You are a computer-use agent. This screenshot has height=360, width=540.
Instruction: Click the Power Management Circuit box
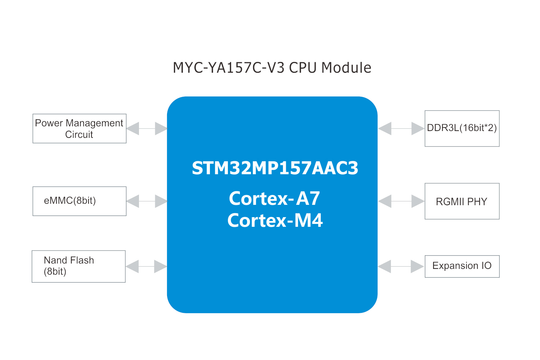pyautogui.click(x=79, y=129)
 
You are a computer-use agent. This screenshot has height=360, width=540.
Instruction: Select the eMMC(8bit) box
pyautogui.click(x=79, y=201)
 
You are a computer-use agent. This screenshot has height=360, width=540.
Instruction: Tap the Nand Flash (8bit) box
pyautogui.click(x=78, y=266)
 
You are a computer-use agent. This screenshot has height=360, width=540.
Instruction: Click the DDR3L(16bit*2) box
pyautogui.click(x=462, y=128)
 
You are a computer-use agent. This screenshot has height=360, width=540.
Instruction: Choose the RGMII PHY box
pyautogui.click(x=462, y=201)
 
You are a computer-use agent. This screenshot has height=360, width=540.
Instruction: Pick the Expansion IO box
pyautogui.click(x=462, y=266)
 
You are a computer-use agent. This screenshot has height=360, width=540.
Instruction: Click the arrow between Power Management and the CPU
pyautogui.click(x=147, y=129)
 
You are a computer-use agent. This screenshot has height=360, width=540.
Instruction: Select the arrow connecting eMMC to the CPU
pyautogui.click(x=147, y=201)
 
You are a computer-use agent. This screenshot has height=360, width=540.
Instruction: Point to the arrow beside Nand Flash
pyautogui.click(x=146, y=266)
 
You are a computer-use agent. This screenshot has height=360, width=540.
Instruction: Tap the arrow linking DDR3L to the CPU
pyautogui.click(x=401, y=129)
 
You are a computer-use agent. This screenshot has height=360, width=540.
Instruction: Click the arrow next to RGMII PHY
pyautogui.click(x=401, y=201)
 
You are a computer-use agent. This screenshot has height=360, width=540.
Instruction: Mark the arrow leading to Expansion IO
pyautogui.click(x=401, y=266)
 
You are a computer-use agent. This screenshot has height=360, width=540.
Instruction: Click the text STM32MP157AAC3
pyautogui.click(x=275, y=168)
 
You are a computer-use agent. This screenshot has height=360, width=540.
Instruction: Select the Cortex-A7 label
pyautogui.click(x=274, y=198)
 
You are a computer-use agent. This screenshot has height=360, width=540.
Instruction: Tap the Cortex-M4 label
pyautogui.click(x=275, y=220)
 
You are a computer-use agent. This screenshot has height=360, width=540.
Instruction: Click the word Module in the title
pyautogui.click(x=346, y=68)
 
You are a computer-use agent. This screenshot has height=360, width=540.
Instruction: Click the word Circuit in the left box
pyautogui.click(x=79, y=135)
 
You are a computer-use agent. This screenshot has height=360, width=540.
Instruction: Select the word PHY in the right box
pyautogui.click(x=477, y=202)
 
